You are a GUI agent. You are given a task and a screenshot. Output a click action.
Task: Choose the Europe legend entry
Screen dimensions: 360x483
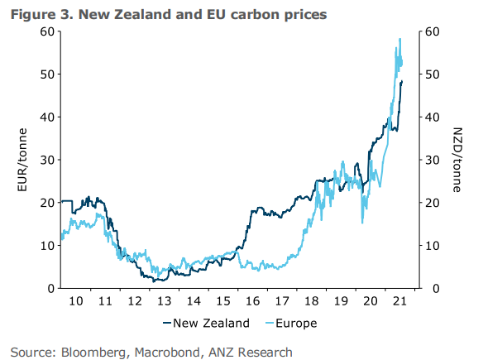pyautogui.click(x=285, y=323)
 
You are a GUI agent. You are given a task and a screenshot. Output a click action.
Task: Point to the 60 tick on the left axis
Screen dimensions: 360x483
pyautogui.click(x=47, y=31)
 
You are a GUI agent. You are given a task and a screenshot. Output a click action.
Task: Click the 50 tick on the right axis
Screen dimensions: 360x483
pyautogui.click(x=433, y=74)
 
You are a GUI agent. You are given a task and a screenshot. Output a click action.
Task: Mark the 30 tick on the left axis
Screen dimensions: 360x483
pyautogui.click(x=47, y=160)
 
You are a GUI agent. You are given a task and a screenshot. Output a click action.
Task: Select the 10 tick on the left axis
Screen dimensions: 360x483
pyautogui.click(x=47, y=245)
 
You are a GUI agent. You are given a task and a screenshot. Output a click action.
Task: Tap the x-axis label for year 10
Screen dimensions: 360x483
pyautogui.click(x=75, y=302)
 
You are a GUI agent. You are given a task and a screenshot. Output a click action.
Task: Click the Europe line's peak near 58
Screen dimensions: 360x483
pyautogui.click(x=400, y=39)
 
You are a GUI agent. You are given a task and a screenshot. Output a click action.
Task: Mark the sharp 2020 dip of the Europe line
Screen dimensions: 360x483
pyautogui.click(x=362, y=222)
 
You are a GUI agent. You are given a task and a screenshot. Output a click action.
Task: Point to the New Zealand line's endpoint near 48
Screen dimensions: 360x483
pyautogui.click(x=402, y=81)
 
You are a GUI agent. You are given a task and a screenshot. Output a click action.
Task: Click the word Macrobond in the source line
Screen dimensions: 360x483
pyautogui.click(x=168, y=352)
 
